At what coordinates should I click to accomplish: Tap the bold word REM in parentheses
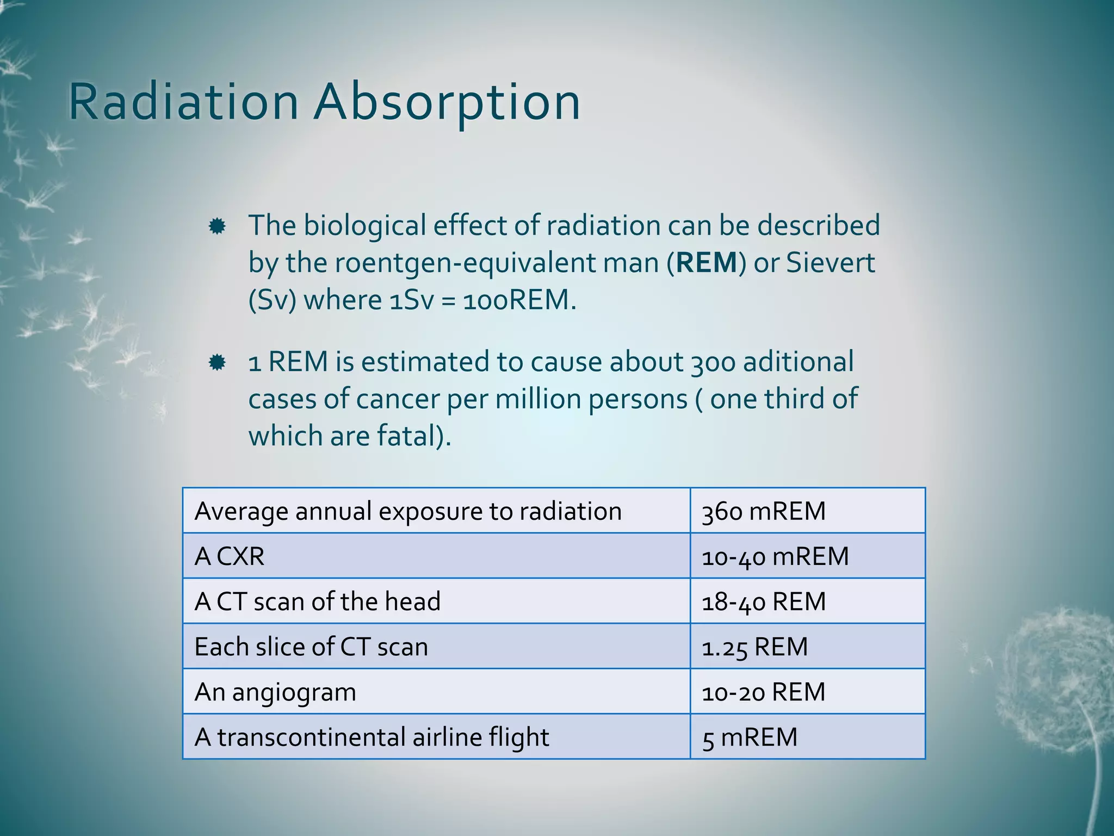tap(707, 263)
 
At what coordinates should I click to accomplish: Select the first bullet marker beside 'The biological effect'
tap(217, 226)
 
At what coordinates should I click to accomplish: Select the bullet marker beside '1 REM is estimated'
tap(217, 362)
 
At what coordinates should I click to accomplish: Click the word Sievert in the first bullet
tap(831, 263)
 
